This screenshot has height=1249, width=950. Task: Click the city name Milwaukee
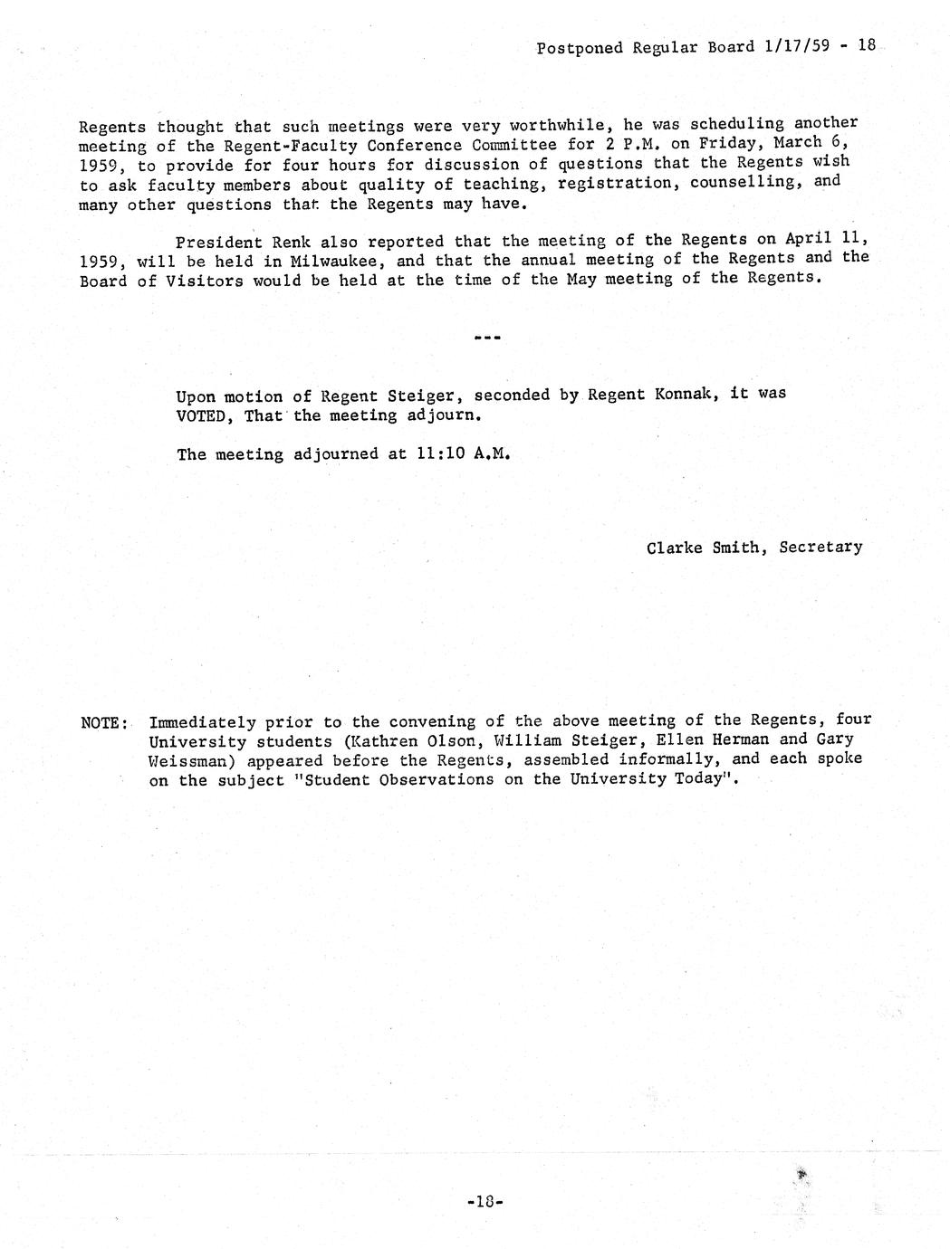click(x=328, y=261)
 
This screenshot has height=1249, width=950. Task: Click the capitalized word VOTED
click(x=205, y=416)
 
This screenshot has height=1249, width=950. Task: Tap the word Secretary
click(x=820, y=548)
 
